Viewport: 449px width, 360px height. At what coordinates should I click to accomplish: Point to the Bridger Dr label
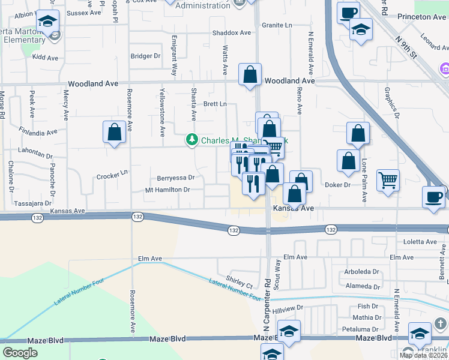[x=145, y=56]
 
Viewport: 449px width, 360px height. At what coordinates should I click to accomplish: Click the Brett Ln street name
[x=215, y=104]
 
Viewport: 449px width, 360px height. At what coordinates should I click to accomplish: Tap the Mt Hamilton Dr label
[x=167, y=190]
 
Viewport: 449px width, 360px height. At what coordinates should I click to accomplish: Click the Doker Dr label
[x=337, y=185]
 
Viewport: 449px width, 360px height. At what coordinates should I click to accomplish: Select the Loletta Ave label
[x=421, y=242]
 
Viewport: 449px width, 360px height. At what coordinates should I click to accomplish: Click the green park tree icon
[x=192, y=140]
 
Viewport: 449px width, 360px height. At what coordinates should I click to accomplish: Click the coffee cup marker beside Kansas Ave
[x=433, y=197]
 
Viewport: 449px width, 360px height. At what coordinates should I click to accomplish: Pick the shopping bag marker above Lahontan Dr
[x=114, y=133]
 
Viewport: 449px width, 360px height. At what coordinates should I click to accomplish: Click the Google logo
[x=20, y=353]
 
